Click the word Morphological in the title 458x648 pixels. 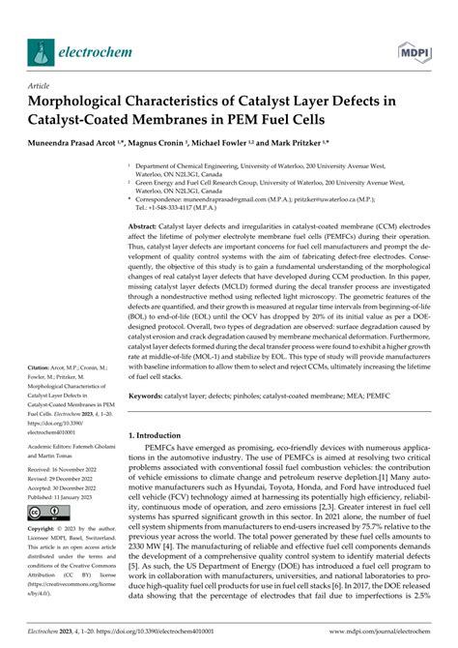click(x=80, y=101)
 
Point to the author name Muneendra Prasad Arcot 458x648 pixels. click(x=73, y=142)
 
